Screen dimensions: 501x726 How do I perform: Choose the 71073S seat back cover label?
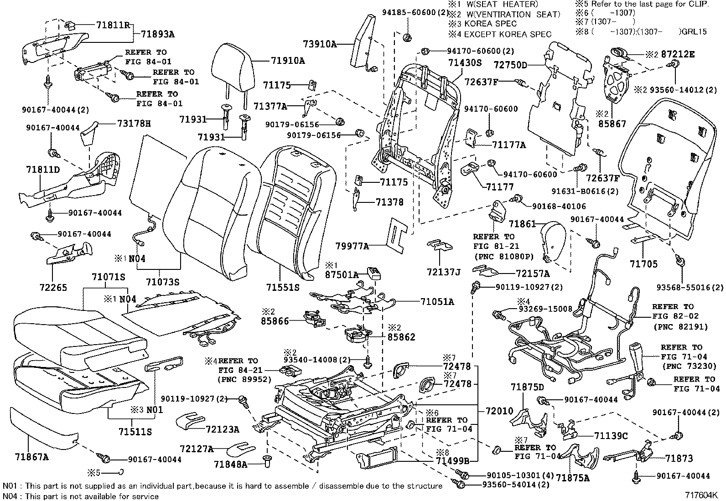point(162,282)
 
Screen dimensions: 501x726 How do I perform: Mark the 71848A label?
point(230,465)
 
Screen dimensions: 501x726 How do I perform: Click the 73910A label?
point(319,44)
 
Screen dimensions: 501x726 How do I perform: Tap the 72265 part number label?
point(52,287)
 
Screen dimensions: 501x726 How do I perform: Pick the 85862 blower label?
point(401,337)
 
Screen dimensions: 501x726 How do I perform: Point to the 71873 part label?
point(679,458)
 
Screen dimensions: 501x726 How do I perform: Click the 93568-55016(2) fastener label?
point(690,287)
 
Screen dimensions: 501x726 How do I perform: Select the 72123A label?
point(222,429)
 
